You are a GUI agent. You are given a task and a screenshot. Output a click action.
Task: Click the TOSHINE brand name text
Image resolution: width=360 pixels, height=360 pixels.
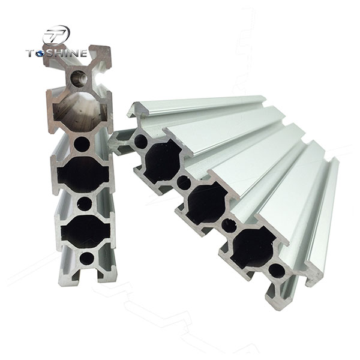coord(56,55)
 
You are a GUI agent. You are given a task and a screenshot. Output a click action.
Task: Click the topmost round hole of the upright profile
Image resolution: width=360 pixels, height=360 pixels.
coord(79,77)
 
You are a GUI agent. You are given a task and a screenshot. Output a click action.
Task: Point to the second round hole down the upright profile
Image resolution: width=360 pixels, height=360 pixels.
coord(83,144)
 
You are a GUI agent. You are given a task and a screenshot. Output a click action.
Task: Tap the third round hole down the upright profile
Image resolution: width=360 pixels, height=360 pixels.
coord(85,203)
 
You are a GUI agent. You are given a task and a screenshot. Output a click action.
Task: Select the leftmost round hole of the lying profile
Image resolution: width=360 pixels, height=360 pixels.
coord(141,142)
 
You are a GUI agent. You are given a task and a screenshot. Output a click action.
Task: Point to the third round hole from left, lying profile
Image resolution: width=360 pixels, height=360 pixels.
coord(229,226)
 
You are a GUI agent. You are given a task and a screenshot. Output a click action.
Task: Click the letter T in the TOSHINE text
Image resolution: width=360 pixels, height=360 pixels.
coord(30,55)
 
